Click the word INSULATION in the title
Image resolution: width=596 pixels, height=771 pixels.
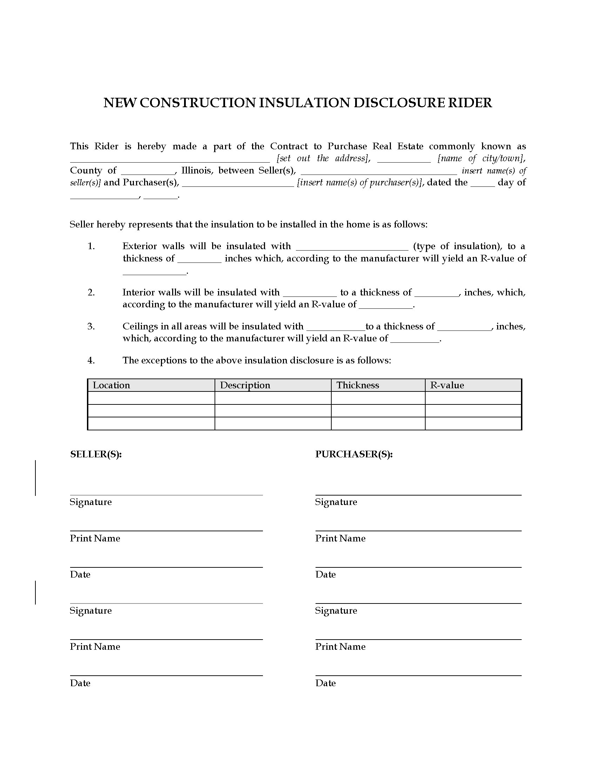pos(304,103)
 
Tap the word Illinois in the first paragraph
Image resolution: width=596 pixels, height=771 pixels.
pos(197,171)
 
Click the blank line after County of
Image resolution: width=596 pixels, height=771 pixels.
pos(148,171)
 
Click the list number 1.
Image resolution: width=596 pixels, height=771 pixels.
pos(91,246)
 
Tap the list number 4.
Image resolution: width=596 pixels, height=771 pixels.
pos(91,360)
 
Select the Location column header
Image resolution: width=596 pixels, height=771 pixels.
pos(111,385)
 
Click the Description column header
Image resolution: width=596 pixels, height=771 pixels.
pos(245,385)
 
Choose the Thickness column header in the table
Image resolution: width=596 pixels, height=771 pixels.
pos(358,385)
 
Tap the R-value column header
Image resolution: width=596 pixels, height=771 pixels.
pos(447,385)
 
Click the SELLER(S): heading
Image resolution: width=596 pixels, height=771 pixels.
pos(96,454)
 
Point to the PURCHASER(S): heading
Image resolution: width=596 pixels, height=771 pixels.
pos(354,454)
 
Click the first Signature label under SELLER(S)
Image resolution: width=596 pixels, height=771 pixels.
pos(90,502)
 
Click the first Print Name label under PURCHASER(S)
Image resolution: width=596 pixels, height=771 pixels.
pos(340,538)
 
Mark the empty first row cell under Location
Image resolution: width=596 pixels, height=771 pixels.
pos(151,398)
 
